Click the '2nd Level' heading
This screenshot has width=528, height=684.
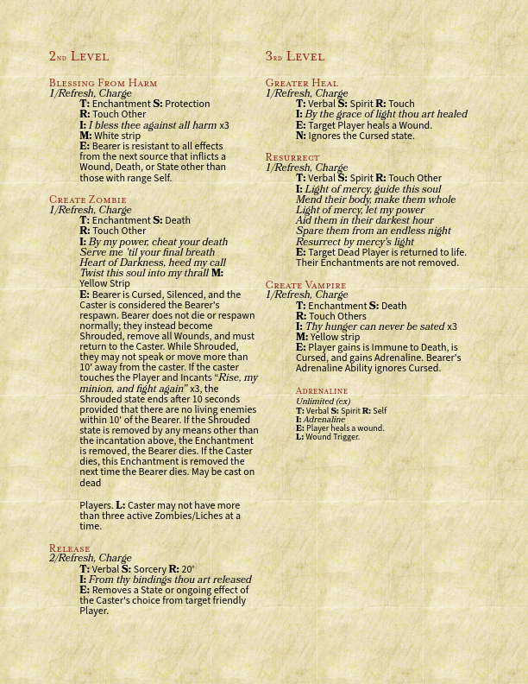pos(79,56)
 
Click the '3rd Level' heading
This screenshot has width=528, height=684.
pos(294,56)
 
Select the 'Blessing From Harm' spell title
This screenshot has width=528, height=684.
pos(103,83)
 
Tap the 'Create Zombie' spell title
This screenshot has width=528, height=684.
pos(87,199)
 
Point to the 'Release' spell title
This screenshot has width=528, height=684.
pos(69,548)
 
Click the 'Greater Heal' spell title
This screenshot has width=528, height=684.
pos(301,83)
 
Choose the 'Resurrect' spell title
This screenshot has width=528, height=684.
pos(292,157)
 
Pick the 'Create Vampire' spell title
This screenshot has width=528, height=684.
pos(305,285)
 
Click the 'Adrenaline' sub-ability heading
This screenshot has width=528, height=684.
pos(321,391)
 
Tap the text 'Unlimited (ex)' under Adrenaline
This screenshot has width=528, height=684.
pos(323,401)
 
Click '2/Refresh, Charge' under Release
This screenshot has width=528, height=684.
pos(90,559)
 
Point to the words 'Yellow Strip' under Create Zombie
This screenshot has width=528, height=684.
pos(104,283)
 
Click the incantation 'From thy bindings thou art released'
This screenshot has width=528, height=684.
pos(170,579)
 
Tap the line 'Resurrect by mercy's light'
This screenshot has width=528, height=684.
pos(355,242)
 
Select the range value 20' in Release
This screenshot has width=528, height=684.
pos(187,569)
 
